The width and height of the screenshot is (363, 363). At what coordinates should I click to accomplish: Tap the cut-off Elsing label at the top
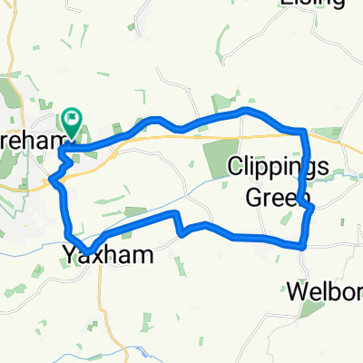pyautogui.click(x=313, y=4)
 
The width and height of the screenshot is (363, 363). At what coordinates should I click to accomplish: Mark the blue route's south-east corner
pyautogui.click(x=302, y=245)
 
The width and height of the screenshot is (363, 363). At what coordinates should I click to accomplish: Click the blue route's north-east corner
pyautogui.click(x=302, y=131)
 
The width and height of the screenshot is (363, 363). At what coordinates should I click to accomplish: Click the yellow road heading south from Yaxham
pyautogui.click(x=101, y=299)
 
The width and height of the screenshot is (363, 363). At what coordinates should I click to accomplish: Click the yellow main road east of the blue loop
pyautogui.click(x=340, y=142)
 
